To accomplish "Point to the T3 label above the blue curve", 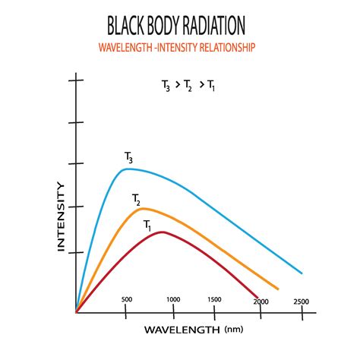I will pyautogui.click(x=129, y=157).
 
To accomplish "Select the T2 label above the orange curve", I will pyautogui.click(x=136, y=200).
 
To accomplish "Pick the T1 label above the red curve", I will pyautogui.click(x=148, y=225).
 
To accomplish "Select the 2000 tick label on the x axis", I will pyautogui.click(x=261, y=302).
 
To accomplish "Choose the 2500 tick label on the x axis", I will pyautogui.click(x=301, y=302).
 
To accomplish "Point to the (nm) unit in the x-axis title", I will pyautogui.click(x=233, y=330).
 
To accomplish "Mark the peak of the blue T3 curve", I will pyautogui.click(x=129, y=169).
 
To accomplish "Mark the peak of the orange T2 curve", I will pyautogui.click(x=143, y=208).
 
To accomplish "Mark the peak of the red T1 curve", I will pyautogui.click(x=163, y=232).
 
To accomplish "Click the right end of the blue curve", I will pyautogui.click(x=302, y=273).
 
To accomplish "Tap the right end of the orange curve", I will pyautogui.click(x=279, y=289).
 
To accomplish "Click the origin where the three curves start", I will pyautogui.click(x=76, y=311).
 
